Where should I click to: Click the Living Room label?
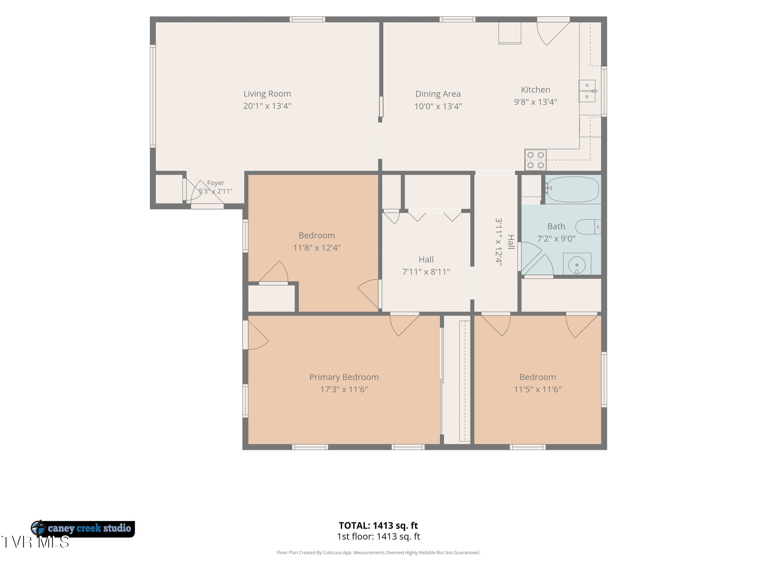(x=267, y=94)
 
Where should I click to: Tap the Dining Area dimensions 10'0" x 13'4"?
(x=438, y=106)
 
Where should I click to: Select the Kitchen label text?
(x=536, y=90)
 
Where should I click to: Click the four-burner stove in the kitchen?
(x=535, y=160)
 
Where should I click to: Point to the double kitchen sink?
(x=587, y=91)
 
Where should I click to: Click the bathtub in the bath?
(x=572, y=189)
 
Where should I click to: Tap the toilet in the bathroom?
(x=588, y=227)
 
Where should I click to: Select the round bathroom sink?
(x=577, y=263)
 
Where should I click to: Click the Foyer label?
(x=215, y=183)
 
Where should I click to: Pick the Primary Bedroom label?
(x=344, y=377)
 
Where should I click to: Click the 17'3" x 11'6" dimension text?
(x=344, y=389)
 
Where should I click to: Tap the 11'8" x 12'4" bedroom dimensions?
(x=317, y=248)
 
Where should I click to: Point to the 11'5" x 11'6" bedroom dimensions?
(x=537, y=389)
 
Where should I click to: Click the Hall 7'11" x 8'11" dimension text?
(x=426, y=272)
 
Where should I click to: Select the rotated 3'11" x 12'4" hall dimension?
(x=499, y=242)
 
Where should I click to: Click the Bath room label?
(x=556, y=226)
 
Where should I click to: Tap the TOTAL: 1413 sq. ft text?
(x=378, y=526)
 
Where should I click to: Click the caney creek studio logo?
(x=83, y=528)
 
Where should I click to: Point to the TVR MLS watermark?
(x=35, y=542)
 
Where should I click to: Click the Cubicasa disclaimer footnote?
(x=378, y=553)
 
